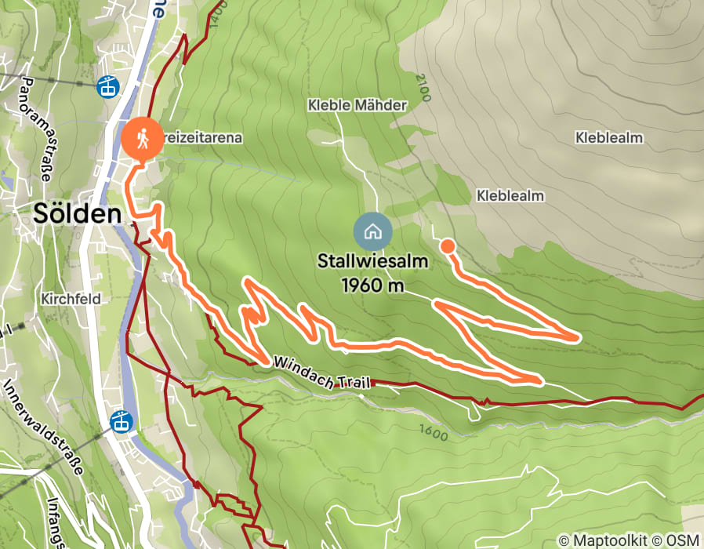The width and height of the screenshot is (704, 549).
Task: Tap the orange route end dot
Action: coord(448,246)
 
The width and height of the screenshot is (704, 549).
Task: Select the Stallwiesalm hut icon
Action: coord(373,231)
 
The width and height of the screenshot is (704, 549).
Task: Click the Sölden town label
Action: coord(77,213)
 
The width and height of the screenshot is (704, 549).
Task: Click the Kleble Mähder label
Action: coord(357,105)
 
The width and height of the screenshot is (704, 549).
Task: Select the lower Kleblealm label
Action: coord(510,195)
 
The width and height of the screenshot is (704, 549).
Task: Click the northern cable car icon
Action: coord(107,86)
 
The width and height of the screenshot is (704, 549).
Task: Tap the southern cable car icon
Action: coord(121,421)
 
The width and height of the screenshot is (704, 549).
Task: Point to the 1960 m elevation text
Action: coord(373,285)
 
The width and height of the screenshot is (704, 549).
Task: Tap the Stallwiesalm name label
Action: coord(373,261)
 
